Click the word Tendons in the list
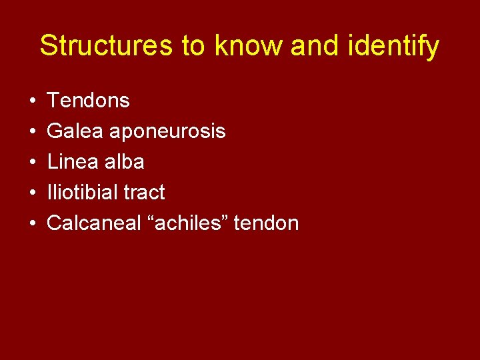[x=88, y=101]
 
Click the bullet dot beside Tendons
[x=32, y=101]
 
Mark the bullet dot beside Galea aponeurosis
[x=32, y=132]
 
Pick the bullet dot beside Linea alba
[x=32, y=163]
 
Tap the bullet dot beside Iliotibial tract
[x=32, y=193]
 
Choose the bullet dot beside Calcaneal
[x=32, y=224]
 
